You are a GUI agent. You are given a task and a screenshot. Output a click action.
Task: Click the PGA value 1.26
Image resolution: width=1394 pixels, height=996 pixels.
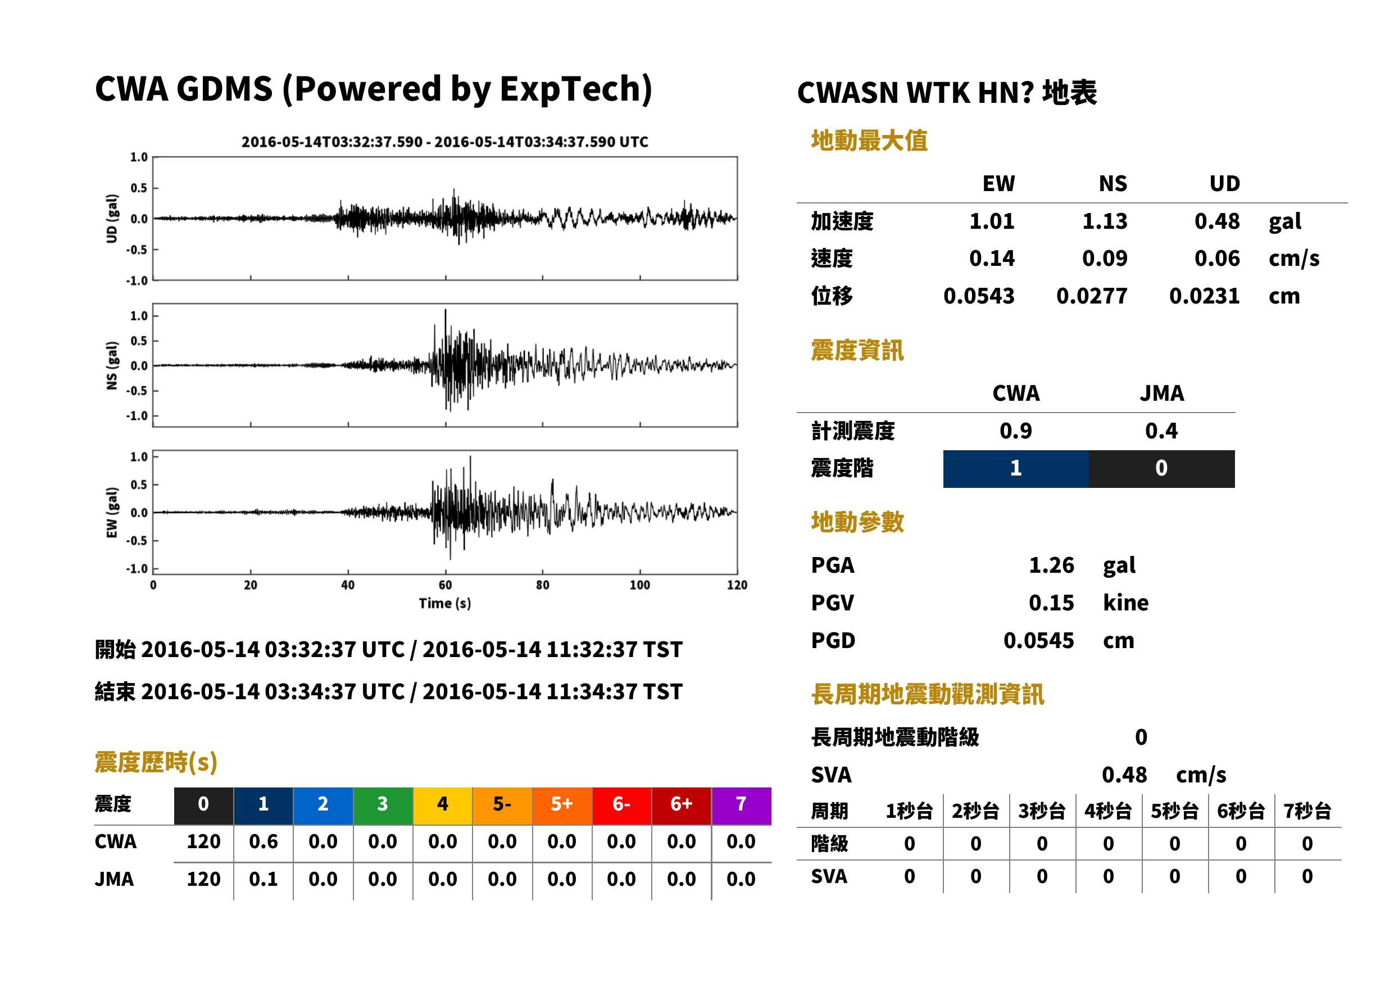tap(1051, 565)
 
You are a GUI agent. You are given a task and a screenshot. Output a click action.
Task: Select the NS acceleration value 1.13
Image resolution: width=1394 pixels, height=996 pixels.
tap(1104, 221)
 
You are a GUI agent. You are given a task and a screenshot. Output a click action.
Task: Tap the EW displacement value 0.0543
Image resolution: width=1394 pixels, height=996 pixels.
tap(978, 296)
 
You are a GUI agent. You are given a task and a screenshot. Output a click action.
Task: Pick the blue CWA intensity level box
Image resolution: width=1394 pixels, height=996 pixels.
tap(1016, 469)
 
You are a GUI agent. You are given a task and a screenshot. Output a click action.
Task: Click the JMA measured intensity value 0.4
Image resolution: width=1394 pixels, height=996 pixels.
tap(1161, 431)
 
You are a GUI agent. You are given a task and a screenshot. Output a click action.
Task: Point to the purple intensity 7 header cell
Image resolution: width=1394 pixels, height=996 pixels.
tap(741, 805)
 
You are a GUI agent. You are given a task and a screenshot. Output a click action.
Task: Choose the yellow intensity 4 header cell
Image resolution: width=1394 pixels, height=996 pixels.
tap(443, 805)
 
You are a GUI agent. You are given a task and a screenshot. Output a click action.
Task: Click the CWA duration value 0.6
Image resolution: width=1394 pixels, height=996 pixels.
tap(263, 841)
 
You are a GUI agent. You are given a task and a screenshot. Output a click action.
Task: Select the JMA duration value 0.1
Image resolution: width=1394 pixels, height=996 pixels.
tap(263, 879)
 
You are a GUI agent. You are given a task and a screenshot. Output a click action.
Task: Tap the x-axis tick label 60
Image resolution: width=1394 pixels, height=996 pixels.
tap(445, 585)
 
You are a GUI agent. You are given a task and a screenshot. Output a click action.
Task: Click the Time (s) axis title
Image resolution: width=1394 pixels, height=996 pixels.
tap(445, 604)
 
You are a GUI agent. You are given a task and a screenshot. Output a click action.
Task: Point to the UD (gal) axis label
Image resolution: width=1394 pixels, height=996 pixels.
tap(112, 218)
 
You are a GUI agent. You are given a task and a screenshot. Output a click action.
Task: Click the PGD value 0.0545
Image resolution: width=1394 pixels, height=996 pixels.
tap(1038, 640)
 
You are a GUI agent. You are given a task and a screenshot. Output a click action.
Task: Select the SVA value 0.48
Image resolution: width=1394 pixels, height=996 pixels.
tap(1124, 775)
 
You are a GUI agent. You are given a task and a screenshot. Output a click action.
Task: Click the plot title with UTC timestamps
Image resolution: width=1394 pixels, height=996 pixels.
tap(444, 142)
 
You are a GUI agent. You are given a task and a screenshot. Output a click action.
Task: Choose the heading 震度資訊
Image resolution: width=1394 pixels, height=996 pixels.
tap(857, 350)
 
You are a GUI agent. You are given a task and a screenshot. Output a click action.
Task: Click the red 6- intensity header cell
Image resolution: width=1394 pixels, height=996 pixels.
tap(621, 805)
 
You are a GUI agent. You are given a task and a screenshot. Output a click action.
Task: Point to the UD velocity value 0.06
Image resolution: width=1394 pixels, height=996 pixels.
tap(1217, 258)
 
